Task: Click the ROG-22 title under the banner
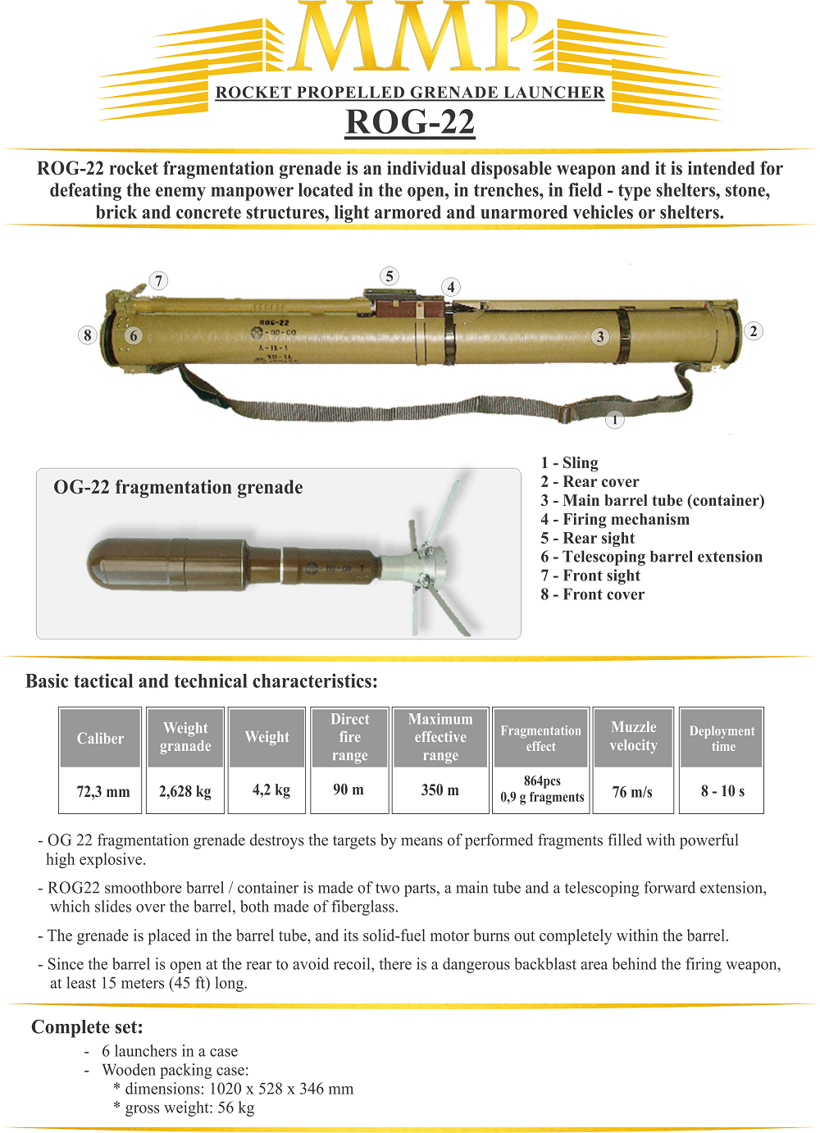coord(410,122)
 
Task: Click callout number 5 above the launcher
coord(389,276)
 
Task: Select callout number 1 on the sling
coord(615,420)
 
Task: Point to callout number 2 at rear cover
coord(754,331)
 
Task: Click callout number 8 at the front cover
coord(88,334)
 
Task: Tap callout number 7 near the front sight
coord(159,280)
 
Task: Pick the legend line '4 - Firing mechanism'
coord(615,519)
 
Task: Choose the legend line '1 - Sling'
coord(569,462)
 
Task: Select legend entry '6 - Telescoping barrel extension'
coord(651,557)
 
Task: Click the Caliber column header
coord(100,738)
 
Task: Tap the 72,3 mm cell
coord(103,792)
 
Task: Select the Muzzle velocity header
coord(633,736)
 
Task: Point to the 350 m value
coord(440,790)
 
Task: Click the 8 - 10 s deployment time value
coord(722,791)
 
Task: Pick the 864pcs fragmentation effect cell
coord(542,789)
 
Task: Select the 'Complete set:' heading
coord(87,1027)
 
